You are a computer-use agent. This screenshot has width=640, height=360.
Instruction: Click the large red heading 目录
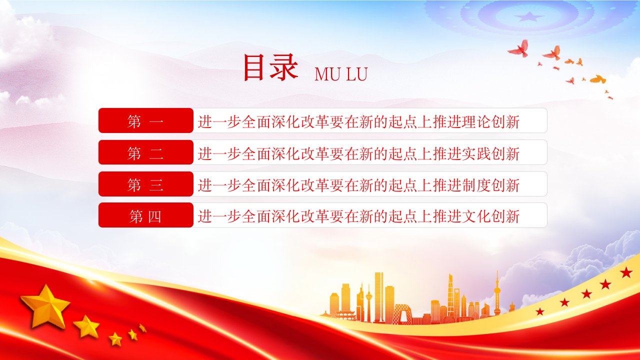click(x=270, y=67)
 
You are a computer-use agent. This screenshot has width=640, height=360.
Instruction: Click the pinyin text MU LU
click(x=341, y=74)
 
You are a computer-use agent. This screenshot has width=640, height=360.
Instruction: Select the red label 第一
click(x=145, y=120)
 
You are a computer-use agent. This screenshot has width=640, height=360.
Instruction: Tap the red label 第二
click(x=145, y=152)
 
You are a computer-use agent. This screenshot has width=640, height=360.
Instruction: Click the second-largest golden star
click(x=86, y=326)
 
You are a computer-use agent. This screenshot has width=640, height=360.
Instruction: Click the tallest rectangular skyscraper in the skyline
click(x=379, y=297)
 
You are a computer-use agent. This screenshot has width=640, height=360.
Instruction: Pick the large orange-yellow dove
click(x=597, y=79)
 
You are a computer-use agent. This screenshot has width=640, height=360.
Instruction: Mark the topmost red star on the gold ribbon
click(x=626, y=272)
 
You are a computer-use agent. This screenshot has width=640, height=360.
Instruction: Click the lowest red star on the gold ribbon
click(x=539, y=311)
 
